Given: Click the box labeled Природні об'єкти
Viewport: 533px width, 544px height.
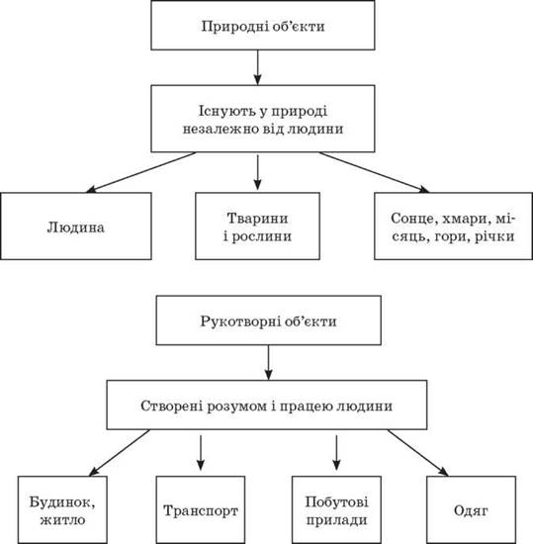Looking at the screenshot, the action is click(263, 25).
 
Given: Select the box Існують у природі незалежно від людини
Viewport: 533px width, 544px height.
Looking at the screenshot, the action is click(263, 119).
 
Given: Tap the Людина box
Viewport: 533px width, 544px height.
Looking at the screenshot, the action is click(76, 227).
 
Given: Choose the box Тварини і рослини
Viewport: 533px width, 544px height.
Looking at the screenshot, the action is click(257, 227).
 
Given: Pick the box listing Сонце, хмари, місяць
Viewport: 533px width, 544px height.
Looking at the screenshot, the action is click(453, 227).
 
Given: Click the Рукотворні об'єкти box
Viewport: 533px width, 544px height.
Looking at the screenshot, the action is click(268, 320).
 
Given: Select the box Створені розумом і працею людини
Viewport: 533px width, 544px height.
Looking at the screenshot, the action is click(267, 405).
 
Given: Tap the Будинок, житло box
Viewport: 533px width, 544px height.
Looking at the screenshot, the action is click(62, 509).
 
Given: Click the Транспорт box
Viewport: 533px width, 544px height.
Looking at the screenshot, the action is click(201, 509).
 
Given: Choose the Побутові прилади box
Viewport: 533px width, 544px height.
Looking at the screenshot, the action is click(336, 509).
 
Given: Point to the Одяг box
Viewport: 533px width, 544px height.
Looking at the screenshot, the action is click(471, 509).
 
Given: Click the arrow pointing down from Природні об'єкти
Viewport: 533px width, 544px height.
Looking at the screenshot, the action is click(257, 67).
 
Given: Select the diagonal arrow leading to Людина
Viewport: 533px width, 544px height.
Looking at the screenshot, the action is click(140, 172).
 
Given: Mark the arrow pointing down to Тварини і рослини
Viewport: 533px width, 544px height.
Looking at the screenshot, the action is click(257, 172).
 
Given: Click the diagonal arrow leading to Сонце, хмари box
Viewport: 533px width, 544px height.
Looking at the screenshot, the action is click(374, 172).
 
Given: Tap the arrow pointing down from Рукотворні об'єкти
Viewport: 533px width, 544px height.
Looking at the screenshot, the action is click(268, 363).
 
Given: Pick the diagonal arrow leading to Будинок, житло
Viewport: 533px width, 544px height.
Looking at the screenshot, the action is click(120, 453).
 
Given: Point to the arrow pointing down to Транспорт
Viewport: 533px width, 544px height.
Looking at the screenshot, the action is click(201, 453).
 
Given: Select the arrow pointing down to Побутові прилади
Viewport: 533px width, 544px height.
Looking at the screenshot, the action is click(336, 453).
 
